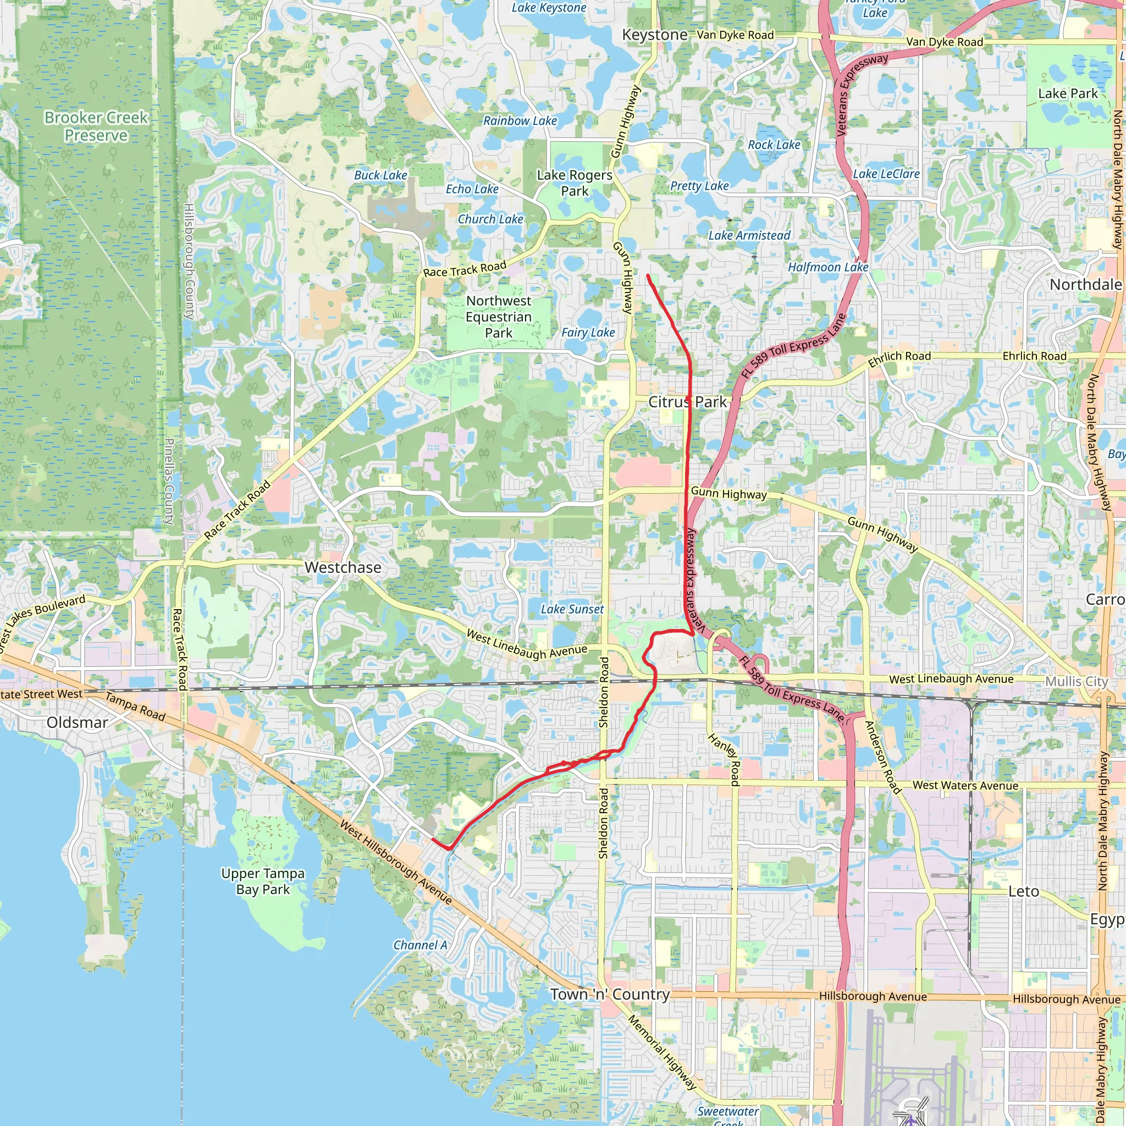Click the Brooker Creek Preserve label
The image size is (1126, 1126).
click(x=96, y=126)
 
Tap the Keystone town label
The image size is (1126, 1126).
click(x=654, y=35)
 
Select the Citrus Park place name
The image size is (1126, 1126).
click(x=688, y=401)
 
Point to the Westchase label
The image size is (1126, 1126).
click(x=343, y=567)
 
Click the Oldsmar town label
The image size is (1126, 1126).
click(x=78, y=722)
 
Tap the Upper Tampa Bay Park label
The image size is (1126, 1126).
click(x=263, y=881)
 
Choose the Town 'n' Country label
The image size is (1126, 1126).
click(x=610, y=994)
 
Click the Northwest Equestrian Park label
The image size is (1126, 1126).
click(x=498, y=317)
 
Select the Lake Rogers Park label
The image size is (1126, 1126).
click(x=574, y=183)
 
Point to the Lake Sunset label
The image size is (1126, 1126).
click(x=572, y=609)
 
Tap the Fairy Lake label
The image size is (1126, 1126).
click(x=588, y=332)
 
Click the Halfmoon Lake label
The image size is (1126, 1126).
click(x=828, y=267)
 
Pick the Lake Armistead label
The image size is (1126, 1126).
click(x=749, y=235)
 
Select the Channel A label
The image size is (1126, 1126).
click(x=420, y=945)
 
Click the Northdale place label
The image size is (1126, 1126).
click(x=1085, y=284)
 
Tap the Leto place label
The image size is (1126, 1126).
click(x=1023, y=891)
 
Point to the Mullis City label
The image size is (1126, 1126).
click(x=1077, y=681)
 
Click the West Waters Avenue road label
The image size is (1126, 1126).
click(x=965, y=785)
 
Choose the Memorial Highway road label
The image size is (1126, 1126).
click(x=662, y=1051)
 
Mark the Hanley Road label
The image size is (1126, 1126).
click(x=725, y=759)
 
